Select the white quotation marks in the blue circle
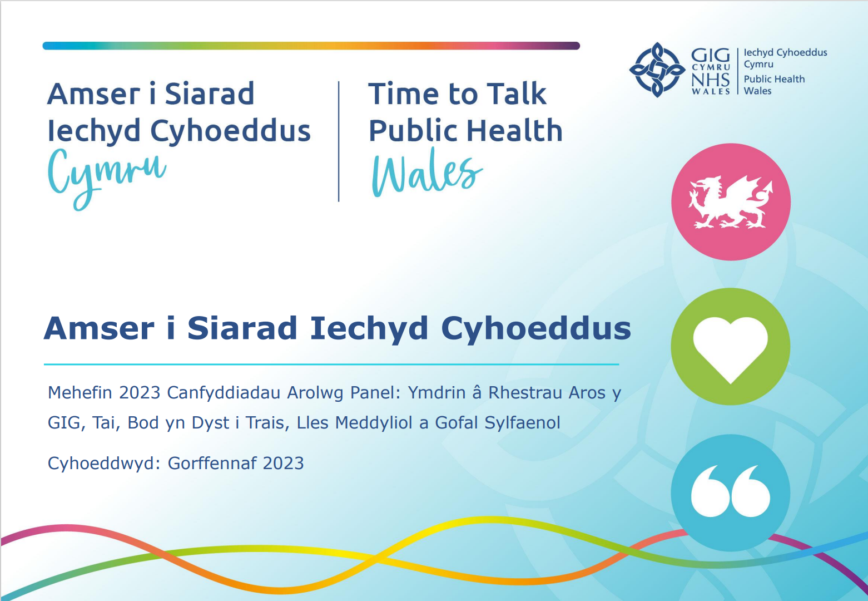(x=731, y=491)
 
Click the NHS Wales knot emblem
(x=657, y=70)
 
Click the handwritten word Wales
(x=427, y=172)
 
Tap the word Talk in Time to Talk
(x=517, y=93)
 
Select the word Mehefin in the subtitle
(x=80, y=392)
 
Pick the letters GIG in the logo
(x=710, y=56)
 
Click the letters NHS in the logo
(x=710, y=80)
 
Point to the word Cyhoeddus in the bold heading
(x=536, y=329)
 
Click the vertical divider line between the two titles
(x=339, y=141)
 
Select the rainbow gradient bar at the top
(x=311, y=46)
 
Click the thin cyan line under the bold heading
(x=331, y=364)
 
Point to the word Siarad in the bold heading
(x=242, y=328)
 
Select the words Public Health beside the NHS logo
(x=774, y=79)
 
